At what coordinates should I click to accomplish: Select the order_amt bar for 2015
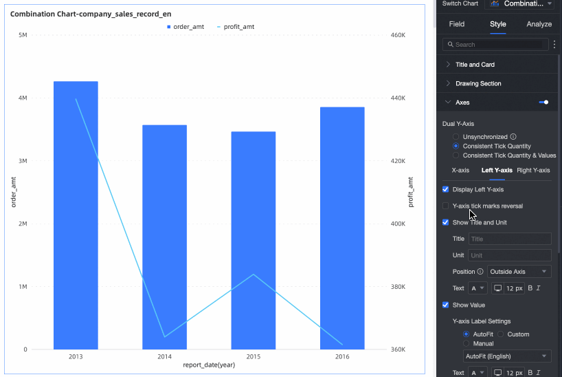pos(253,240)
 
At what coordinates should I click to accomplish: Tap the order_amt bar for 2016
pos(341,228)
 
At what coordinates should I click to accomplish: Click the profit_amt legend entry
pos(235,27)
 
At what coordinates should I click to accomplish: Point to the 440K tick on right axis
pos(398,98)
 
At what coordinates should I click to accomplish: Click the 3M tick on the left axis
pos(23,161)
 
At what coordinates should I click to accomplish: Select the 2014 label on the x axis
pos(164,357)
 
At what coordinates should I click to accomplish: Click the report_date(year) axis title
pos(209,365)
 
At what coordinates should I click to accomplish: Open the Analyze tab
pos(539,24)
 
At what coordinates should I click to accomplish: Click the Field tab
pos(457,24)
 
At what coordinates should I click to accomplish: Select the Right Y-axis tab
pos(533,170)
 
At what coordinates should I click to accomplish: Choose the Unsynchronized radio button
pos(456,137)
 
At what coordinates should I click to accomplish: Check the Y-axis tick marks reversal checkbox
pos(446,206)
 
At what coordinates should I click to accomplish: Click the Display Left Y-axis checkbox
pos(446,189)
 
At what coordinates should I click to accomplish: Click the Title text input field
pos(509,239)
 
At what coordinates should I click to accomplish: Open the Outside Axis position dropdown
pos(519,272)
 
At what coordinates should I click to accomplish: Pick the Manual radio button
pos(467,343)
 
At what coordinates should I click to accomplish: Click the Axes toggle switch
pos(543,102)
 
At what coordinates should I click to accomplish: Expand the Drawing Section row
pos(478,83)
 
